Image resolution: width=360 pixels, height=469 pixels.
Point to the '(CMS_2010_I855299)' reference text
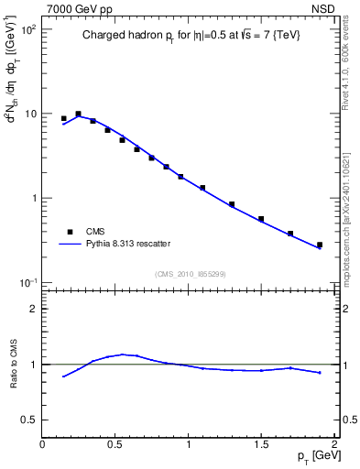191,274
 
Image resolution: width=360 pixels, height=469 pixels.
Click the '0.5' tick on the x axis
115,444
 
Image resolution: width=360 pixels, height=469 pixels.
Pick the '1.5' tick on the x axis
261,444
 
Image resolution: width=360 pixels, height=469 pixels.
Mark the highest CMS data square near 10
78,114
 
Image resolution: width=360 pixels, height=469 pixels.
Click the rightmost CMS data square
320,245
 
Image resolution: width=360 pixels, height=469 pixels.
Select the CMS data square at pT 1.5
261,219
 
